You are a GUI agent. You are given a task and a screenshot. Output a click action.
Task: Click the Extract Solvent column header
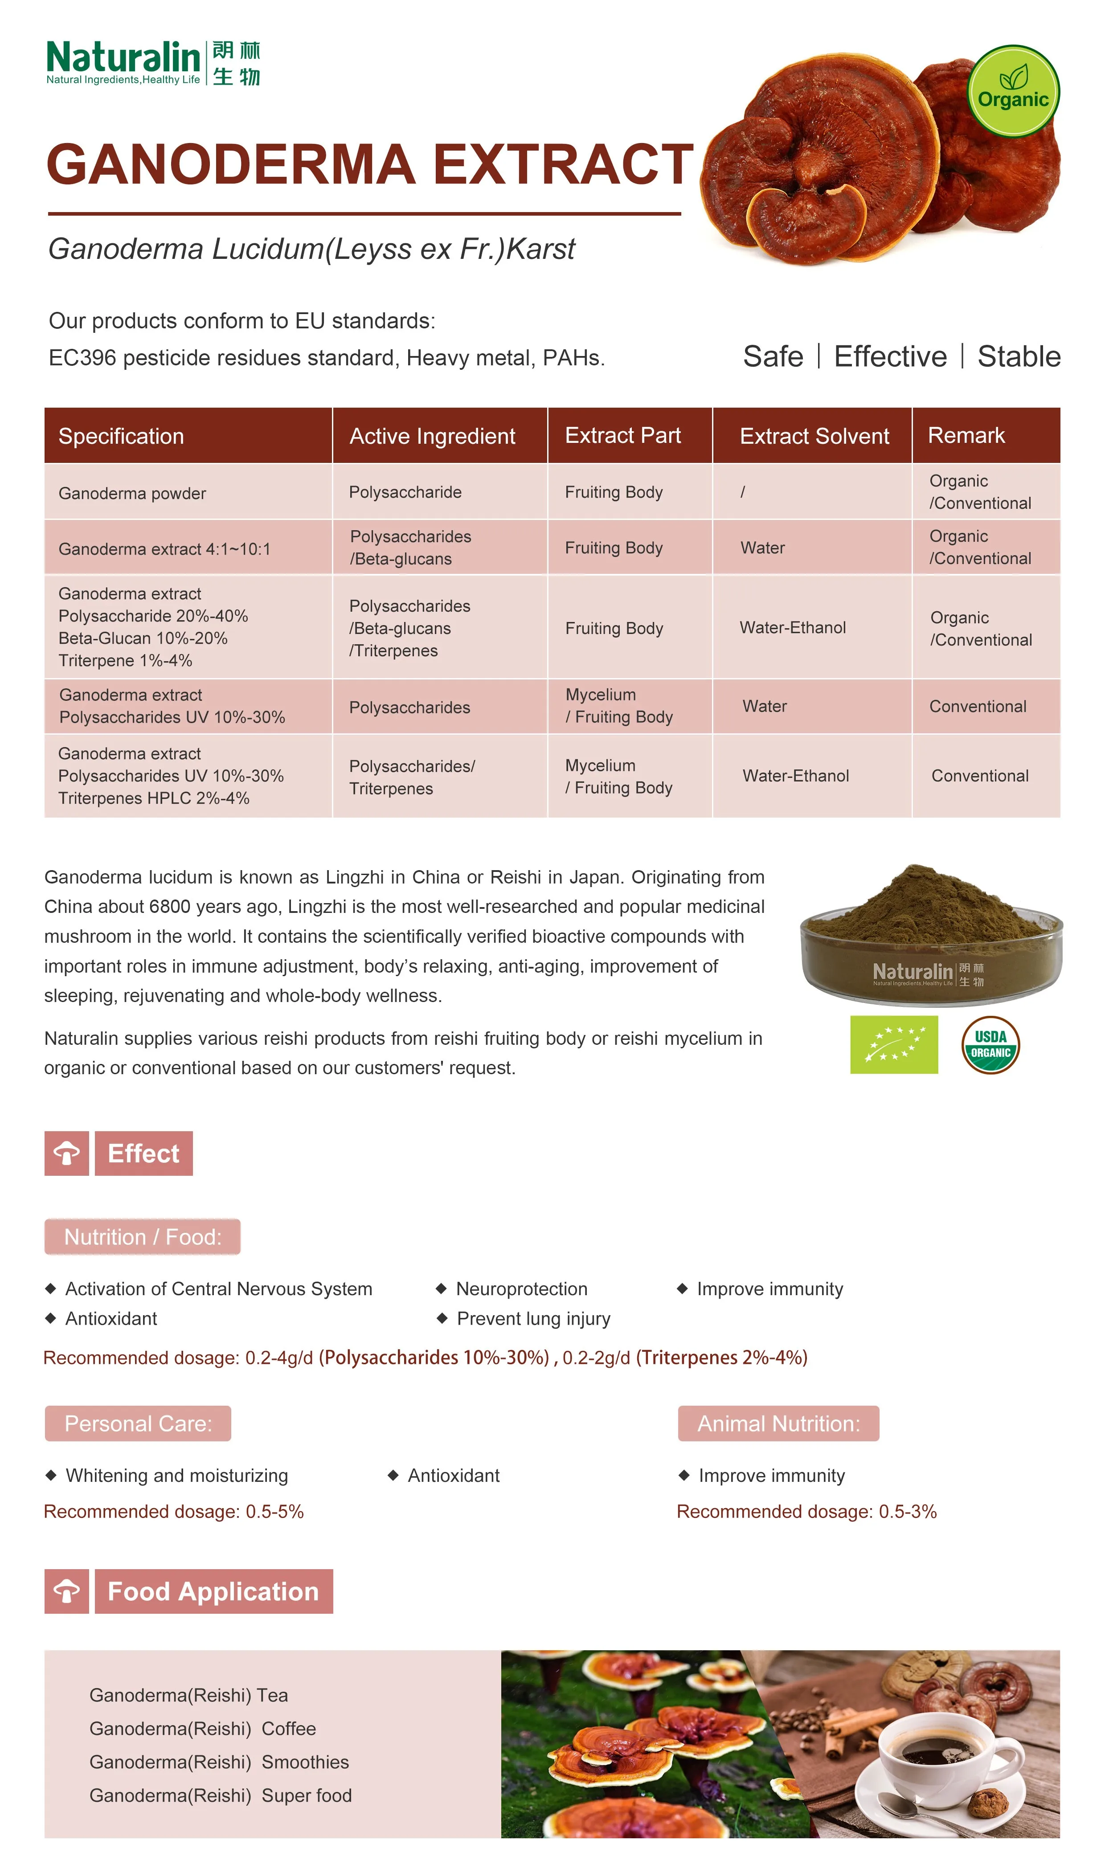pos(814,436)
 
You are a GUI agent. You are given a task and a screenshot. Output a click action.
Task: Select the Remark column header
pos(966,435)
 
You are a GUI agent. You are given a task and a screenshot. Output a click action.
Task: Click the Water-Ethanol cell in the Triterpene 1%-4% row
pos(792,627)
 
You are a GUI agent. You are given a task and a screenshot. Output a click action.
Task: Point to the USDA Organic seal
pos(990,1044)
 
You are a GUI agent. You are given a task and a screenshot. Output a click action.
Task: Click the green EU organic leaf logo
pos(893,1044)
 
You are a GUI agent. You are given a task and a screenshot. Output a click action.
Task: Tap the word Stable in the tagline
pos(1019,356)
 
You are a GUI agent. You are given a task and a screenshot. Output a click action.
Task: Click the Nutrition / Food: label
pos(142,1236)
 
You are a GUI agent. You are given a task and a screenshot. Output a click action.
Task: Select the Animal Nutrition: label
pos(778,1423)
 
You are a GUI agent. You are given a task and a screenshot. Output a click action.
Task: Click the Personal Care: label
pos(138,1423)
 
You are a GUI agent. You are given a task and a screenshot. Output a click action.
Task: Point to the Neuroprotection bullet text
pos(521,1288)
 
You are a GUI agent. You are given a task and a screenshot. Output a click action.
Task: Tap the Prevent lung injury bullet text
pos(533,1318)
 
